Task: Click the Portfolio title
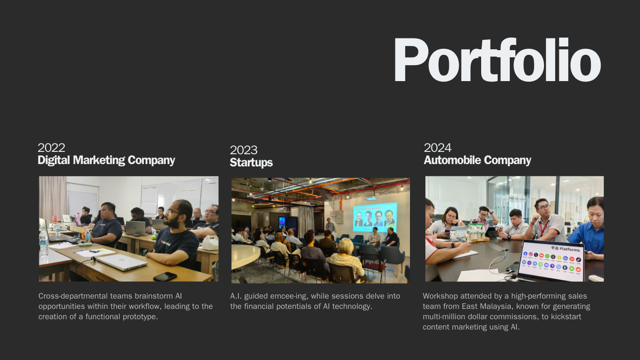pos(498,60)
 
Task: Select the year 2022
pos(52,148)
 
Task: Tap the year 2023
pos(244,150)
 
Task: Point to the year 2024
pos(438,148)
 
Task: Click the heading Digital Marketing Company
pos(106,160)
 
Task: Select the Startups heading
pos(251,162)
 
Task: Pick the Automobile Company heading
pos(477,160)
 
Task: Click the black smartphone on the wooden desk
pos(165,277)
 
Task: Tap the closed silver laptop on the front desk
pos(122,262)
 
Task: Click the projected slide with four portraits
pos(375,217)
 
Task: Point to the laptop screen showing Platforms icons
pos(551,261)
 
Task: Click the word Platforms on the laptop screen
pos(569,249)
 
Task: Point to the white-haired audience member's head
pos(346,246)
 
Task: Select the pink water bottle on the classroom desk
pos(78,219)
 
